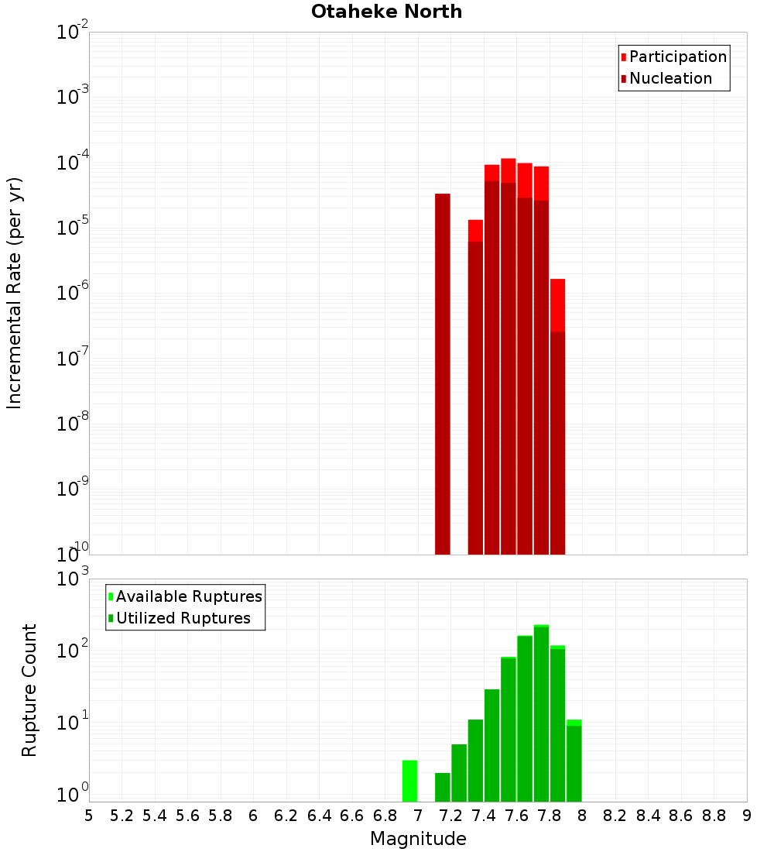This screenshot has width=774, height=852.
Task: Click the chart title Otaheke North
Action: tap(386, 12)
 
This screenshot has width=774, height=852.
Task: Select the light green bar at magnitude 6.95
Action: tap(409, 781)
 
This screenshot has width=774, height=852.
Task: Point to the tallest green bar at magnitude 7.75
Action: tap(541, 713)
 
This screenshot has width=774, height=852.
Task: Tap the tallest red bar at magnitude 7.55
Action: tap(509, 356)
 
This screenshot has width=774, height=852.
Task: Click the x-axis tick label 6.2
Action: tap(286, 816)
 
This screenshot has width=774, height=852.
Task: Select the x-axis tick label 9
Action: tap(747, 816)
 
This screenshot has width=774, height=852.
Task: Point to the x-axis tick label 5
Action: tap(89, 816)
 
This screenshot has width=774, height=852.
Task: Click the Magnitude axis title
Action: tap(418, 839)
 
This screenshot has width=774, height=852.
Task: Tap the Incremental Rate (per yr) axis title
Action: tap(15, 293)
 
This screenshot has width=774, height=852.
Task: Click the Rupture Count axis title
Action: tap(29, 690)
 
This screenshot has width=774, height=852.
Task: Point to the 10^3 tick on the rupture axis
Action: tap(74, 579)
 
